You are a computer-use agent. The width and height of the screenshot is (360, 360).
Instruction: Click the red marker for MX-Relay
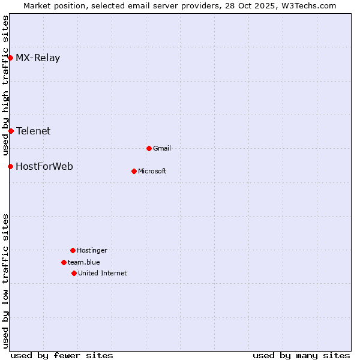coord(11,58)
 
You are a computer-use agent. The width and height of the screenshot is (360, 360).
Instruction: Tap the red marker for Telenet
coord(11,131)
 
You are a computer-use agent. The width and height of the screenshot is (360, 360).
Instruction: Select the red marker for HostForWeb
coord(11,166)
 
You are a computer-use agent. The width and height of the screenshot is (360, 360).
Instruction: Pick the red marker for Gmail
coord(149,148)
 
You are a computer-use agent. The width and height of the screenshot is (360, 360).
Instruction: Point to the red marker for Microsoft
coord(134,171)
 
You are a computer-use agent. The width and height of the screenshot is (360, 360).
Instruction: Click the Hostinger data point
coord(73,250)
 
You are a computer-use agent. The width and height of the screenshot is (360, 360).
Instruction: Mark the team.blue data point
coord(64,262)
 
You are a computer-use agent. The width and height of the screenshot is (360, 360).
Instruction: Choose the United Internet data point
coord(74,273)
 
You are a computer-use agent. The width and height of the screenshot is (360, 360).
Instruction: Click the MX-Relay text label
coord(38,58)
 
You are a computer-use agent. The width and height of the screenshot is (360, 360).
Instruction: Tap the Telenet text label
coord(33,131)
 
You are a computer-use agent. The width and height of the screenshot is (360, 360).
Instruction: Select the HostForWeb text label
coord(44,167)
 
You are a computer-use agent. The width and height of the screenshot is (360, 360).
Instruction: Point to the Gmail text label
coord(162,149)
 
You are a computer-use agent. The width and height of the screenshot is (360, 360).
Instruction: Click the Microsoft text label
coord(152,172)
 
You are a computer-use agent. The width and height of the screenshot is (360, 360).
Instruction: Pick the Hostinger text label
coord(92,251)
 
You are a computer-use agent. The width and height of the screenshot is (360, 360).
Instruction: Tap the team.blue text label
coord(84,263)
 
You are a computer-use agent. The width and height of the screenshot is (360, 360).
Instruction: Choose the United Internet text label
coord(103,274)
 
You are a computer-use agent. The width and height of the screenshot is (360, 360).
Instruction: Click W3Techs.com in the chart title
coord(307,5)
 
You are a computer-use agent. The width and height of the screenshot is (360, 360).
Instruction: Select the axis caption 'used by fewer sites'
coord(62,355)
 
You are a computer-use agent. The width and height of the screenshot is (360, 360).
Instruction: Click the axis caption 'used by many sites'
coord(301,355)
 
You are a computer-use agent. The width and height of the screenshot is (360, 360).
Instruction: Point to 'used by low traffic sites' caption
coord(5,281)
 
